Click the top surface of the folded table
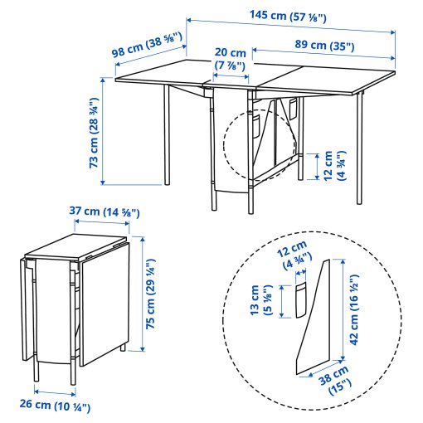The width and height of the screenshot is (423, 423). [79, 248]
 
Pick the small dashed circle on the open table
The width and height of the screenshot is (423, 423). [260, 146]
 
